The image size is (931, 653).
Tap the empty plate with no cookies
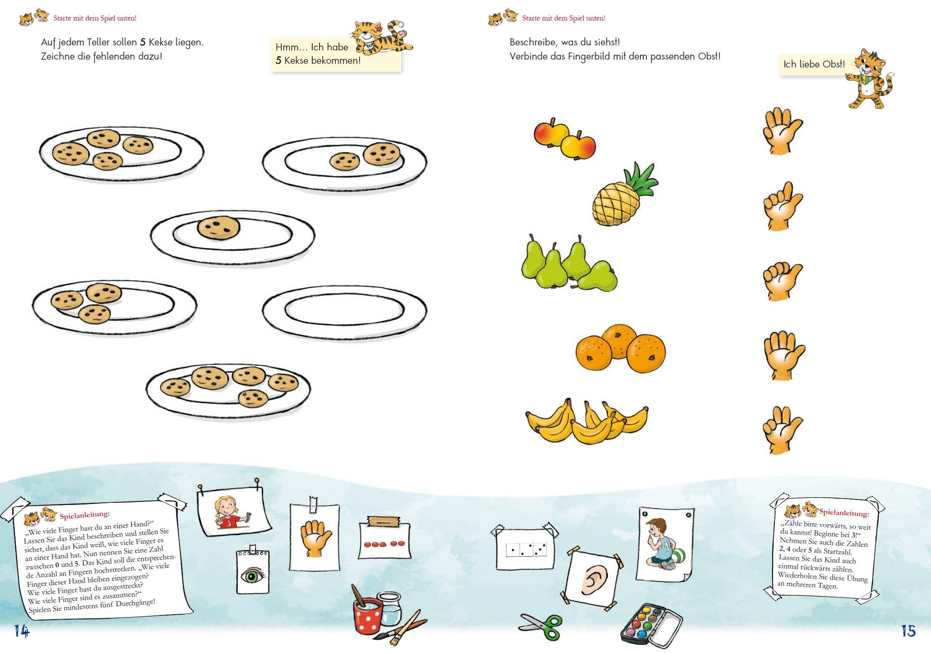click(345, 311)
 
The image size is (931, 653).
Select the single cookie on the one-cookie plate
click(219, 228)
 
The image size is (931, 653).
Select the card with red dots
click(385, 538)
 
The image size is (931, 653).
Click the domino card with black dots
click(525, 549)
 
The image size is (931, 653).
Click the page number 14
click(22, 631)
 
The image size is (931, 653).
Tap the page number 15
click(908, 631)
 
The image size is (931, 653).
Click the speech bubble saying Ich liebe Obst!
click(814, 65)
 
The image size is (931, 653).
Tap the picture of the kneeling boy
click(665, 544)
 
